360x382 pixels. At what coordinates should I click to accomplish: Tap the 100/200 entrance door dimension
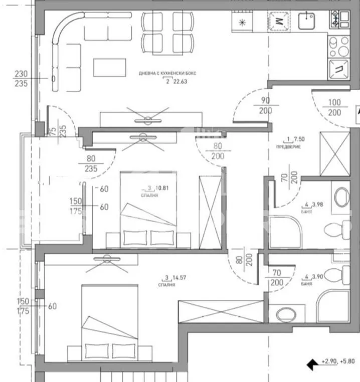click(x=335, y=107)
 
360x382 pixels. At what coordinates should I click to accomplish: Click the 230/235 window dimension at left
click(x=22, y=79)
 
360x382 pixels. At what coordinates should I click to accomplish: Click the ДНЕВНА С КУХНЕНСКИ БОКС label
click(x=168, y=73)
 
